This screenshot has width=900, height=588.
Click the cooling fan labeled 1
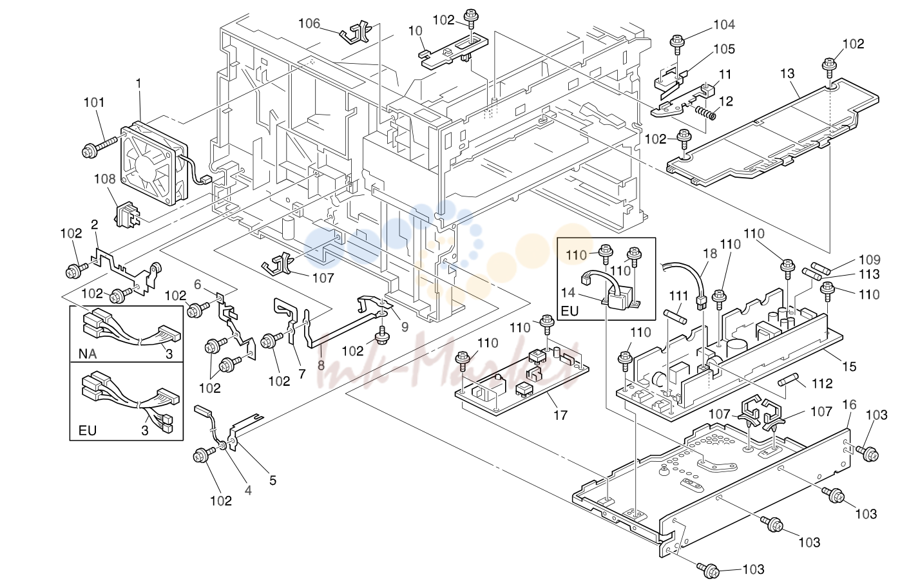pyautogui.click(x=155, y=163)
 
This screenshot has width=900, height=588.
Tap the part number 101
pyautogui.click(x=94, y=103)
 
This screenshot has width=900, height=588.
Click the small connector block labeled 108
pyautogui.click(x=126, y=214)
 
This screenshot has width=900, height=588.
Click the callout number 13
pyautogui.click(x=787, y=74)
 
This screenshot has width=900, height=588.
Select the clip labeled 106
pyautogui.click(x=354, y=33)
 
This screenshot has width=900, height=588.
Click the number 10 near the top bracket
pyautogui.click(x=416, y=30)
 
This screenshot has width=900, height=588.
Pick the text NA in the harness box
pyautogui.click(x=88, y=354)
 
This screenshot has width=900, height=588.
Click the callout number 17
pyautogui.click(x=560, y=415)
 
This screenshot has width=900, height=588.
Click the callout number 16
pyautogui.click(x=849, y=404)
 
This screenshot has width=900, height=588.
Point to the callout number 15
pyautogui.click(x=849, y=366)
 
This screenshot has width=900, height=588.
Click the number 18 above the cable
pyautogui.click(x=711, y=254)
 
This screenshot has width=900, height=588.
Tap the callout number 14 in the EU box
pyautogui.click(x=568, y=292)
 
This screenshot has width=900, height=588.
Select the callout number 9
pyautogui.click(x=405, y=327)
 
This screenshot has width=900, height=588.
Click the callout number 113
pyautogui.click(x=870, y=274)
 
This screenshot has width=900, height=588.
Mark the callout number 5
pyautogui.click(x=273, y=480)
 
